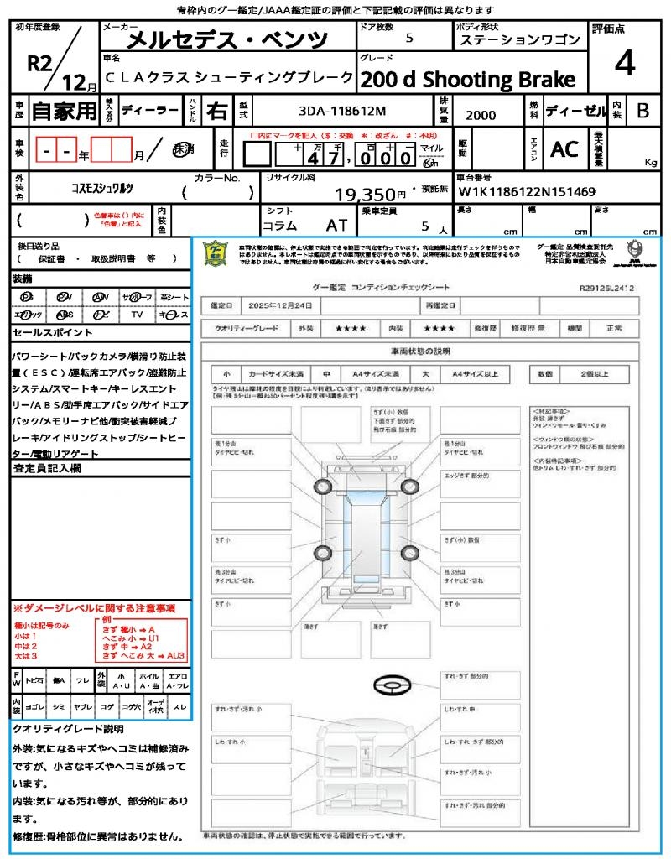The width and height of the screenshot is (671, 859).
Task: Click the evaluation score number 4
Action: [x=624, y=64]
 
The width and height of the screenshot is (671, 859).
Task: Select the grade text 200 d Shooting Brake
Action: [x=468, y=80]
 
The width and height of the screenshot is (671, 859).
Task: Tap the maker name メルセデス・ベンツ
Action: [x=226, y=39]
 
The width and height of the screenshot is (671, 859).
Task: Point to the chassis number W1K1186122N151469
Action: [x=526, y=192]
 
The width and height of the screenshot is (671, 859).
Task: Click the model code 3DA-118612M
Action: [x=341, y=111]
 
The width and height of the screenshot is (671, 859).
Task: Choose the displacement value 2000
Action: [x=481, y=115]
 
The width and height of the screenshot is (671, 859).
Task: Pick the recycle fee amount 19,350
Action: [x=365, y=195]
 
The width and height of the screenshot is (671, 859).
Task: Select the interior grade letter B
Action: [x=642, y=110]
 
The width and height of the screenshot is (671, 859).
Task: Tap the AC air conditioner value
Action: [x=564, y=149]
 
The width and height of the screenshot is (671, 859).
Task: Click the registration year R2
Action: [x=40, y=63]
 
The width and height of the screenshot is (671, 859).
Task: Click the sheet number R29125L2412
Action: [x=606, y=288]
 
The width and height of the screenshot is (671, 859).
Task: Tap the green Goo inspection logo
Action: [x=216, y=252]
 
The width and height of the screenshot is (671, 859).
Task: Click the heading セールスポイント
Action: [x=46, y=333]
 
